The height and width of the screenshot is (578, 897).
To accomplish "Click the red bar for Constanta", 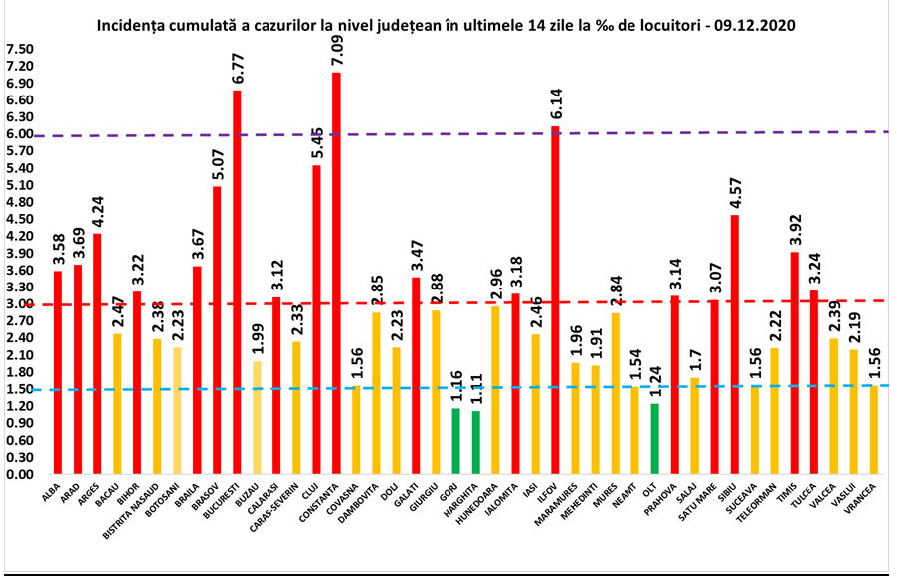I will (x=336, y=274).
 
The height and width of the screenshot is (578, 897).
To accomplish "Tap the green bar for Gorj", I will (x=455, y=441).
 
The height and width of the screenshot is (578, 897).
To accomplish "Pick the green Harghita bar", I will (x=475, y=442).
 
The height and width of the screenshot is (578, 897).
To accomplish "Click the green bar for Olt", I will (x=654, y=438).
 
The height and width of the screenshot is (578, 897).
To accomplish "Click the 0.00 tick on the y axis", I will (x=19, y=474).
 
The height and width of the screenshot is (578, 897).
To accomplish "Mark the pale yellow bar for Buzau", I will (x=257, y=417).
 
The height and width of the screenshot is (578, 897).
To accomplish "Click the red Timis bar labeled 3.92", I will (x=794, y=362).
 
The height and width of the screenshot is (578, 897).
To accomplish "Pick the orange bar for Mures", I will (x=615, y=393).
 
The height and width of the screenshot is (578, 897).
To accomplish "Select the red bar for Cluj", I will (x=316, y=319).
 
